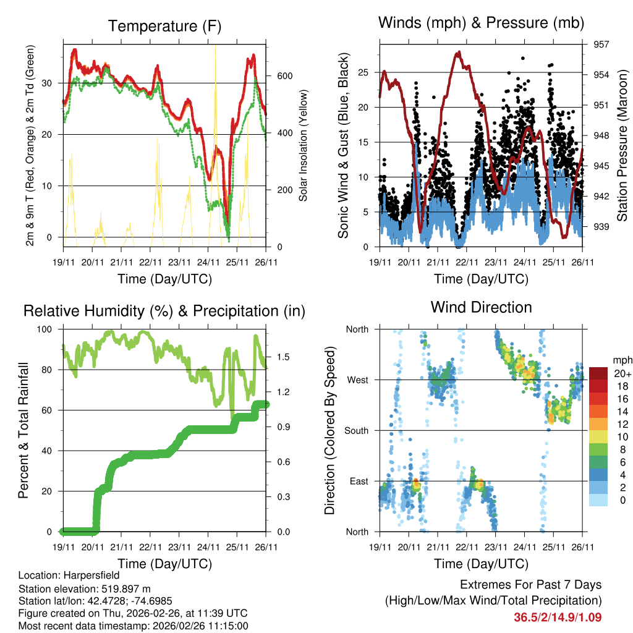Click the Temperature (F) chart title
[164, 27]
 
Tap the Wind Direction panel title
[481, 307]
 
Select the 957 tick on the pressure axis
[600, 45]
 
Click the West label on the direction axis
[357, 380]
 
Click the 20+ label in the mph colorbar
[622, 373]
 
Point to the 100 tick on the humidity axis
[46, 329]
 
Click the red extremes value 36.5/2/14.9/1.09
[558, 617]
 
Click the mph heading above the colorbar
[622, 360]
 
